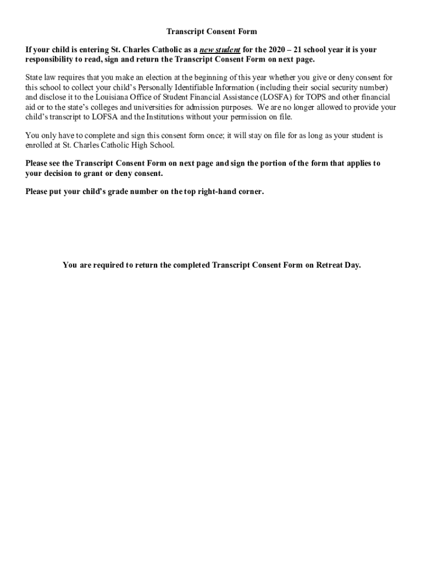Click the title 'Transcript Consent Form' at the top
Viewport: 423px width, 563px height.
[x=211, y=32]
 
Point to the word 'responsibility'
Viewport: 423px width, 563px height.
[x=50, y=59]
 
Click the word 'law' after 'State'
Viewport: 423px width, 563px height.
[x=53, y=78]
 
